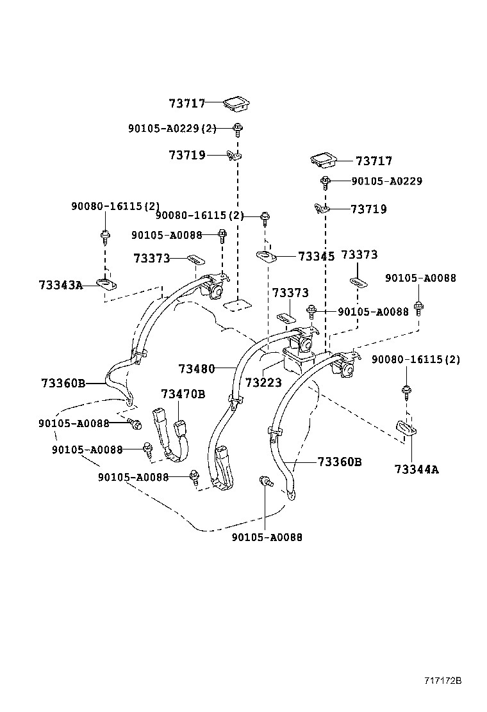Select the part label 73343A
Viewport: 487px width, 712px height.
pos(61,285)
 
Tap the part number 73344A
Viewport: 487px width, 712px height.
pos(417,469)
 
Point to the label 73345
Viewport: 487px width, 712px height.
pos(317,257)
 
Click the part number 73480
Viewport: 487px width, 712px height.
pos(197,369)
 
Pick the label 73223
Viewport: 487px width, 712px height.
pos(263,383)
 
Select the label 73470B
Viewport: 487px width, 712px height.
pos(183,394)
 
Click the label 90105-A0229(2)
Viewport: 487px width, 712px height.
pos(172,129)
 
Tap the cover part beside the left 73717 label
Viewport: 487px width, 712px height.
pos(236,102)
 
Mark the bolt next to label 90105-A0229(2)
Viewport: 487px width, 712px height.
pos(237,129)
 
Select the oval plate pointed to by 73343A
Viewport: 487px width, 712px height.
pos(105,282)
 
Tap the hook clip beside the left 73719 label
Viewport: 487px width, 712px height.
pos(235,155)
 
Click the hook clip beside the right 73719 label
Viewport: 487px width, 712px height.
pos(322,208)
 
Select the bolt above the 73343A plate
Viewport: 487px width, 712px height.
pos(104,237)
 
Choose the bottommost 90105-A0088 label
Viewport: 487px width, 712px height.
pos(267,537)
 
